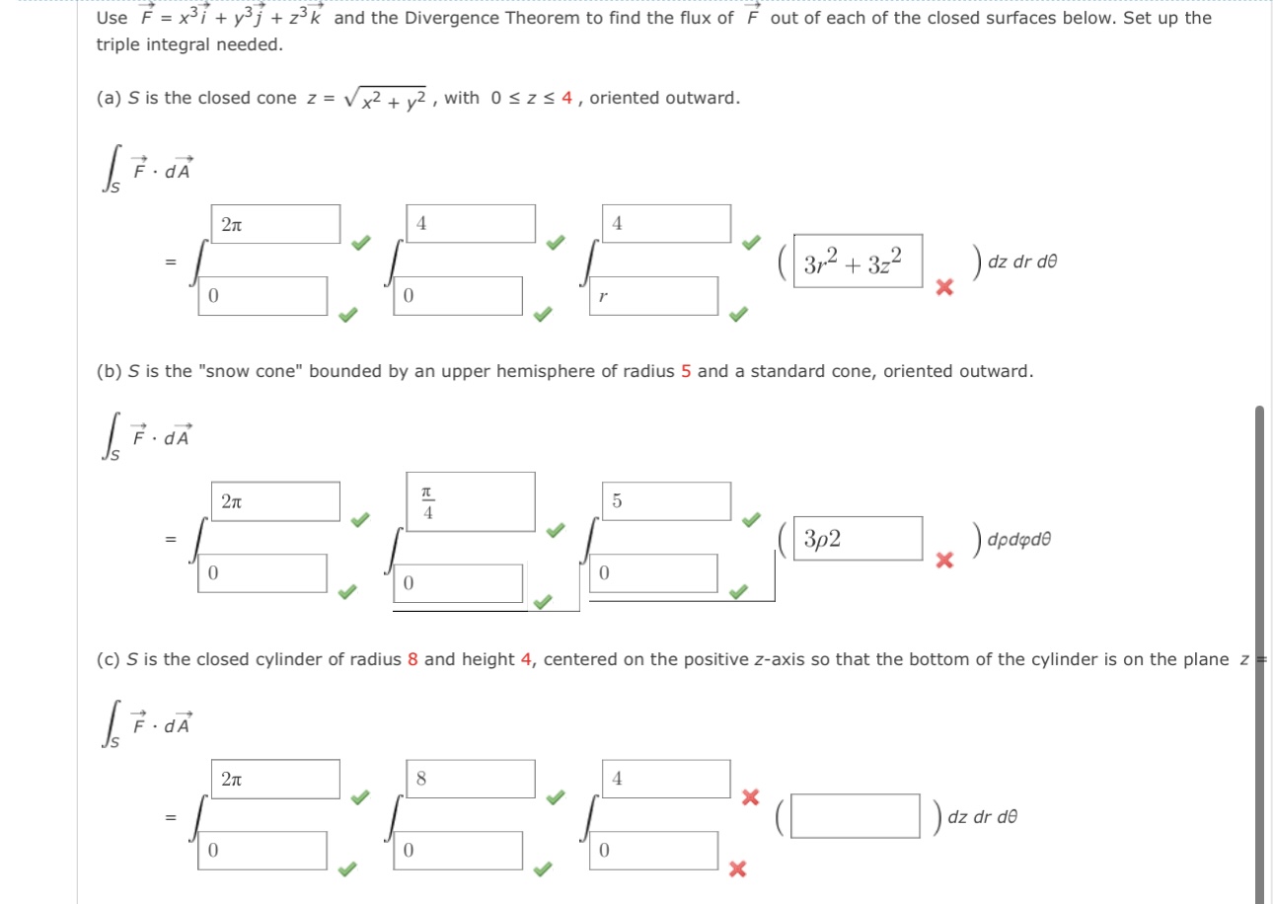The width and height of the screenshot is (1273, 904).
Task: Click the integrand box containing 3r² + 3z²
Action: [858, 262]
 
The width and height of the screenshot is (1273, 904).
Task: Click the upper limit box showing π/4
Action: [471, 501]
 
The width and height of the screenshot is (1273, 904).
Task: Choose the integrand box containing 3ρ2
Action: [858, 539]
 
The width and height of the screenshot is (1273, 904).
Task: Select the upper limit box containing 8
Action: [471, 779]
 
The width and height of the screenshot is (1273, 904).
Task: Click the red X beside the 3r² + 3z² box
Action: [944, 287]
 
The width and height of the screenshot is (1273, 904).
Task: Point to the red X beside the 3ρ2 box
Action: [944, 561]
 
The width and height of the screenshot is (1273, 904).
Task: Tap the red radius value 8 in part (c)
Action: [412, 659]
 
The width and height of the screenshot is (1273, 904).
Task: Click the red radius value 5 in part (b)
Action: [686, 372]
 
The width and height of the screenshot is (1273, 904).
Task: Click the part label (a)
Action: [109, 98]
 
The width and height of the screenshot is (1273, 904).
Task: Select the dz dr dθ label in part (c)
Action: [980, 817]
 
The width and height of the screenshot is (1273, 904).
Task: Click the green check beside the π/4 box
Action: [558, 529]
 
